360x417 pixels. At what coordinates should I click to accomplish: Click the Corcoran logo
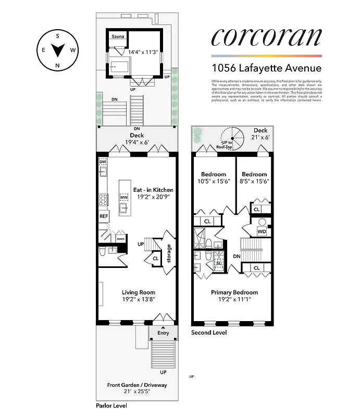(x=266, y=38)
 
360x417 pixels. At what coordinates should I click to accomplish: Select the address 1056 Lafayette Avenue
(x=266, y=68)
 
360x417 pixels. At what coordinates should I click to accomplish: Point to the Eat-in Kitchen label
(x=153, y=190)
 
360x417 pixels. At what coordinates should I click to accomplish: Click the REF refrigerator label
(x=103, y=216)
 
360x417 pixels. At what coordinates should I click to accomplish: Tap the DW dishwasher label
(x=103, y=162)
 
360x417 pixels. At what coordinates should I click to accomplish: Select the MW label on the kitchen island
(x=124, y=198)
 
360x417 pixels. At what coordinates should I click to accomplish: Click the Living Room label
(x=138, y=292)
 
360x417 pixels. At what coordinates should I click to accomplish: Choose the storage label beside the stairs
(x=169, y=253)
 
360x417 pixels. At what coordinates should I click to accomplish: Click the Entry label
(x=163, y=333)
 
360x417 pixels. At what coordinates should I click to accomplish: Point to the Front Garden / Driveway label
(x=137, y=385)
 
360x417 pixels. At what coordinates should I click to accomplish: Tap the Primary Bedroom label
(x=234, y=292)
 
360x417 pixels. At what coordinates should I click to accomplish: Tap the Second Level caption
(x=209, y=333)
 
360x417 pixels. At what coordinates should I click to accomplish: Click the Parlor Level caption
(x=111, y=406)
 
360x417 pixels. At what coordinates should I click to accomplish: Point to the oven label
(x=120, y=239)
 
